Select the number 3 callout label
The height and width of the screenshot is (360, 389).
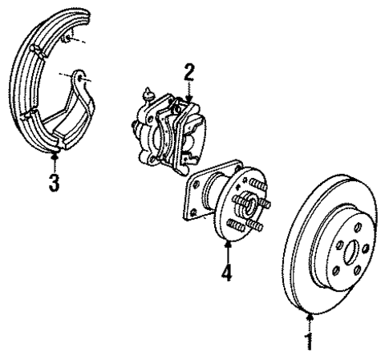tap(52, 182)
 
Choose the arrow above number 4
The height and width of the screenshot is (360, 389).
tap(228, 253)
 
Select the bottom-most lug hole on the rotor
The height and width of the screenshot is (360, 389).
tap(337, 271)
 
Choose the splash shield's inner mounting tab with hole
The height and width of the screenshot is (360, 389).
tap(80, 77)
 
